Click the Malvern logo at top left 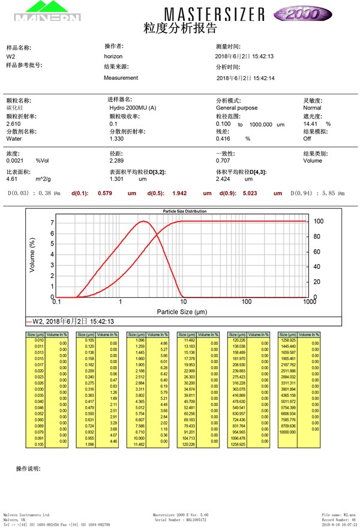(47, 12)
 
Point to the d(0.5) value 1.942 (180, 193)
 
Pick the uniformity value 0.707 (223, 161)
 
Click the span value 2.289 (116, 161)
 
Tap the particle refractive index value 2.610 (14, 124)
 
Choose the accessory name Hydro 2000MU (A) (133, 108)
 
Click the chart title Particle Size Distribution (185, 211)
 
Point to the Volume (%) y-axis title (33, 256)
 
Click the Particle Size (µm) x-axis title (182, 312)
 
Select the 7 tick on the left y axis (52, 223)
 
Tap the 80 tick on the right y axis (318, 236)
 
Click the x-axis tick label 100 (247, 302)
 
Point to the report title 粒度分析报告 (180, 28)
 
